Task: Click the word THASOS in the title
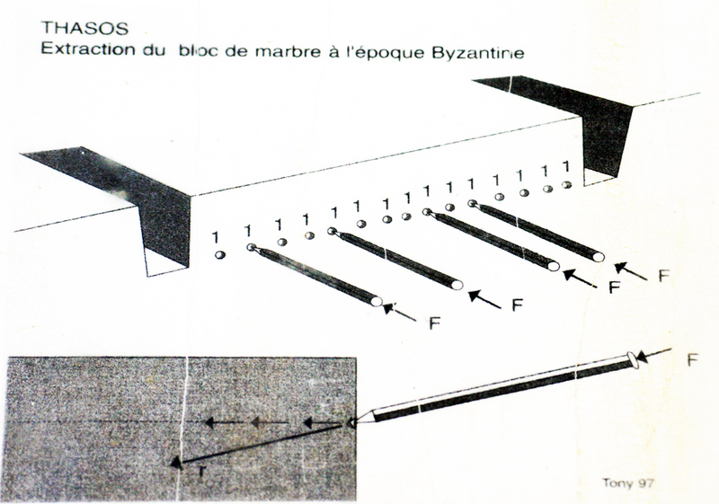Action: click(84, 29)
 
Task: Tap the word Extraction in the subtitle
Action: click(87, 49)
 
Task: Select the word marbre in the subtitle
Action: click(288, 51)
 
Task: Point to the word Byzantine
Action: click(477, 53)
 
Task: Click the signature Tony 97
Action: click(627, 483)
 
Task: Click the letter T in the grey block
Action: click(201, 471)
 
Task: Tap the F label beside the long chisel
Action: click(692, 360)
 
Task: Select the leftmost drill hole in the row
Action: click(220, 255)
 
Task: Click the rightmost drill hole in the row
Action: click(567, 184)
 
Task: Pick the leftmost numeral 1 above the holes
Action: click(215, 237)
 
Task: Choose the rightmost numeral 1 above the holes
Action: click(567, 166)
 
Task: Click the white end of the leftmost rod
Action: click(377, 301)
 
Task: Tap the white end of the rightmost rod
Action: click(598, 257)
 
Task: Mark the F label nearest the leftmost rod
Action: click(434, 323)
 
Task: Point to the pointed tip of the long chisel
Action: click(350, 423)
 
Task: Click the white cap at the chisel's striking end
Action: click(633, 359)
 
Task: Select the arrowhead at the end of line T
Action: click(176, 464)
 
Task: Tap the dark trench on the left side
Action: click(138, 201)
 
